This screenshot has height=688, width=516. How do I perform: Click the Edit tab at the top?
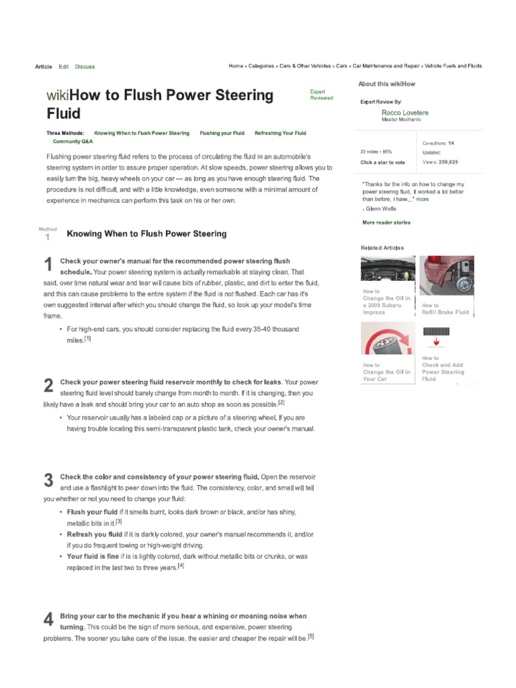[x=64, y=67]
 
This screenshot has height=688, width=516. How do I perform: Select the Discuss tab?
[x=85, y=67]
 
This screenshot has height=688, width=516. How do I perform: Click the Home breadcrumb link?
[x=236, y=66]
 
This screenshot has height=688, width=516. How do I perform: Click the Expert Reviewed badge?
[x=321, y=95]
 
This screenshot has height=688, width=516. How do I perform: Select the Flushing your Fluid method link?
[x=222, y=133]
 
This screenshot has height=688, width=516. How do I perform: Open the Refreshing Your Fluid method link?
[x=280, y=133]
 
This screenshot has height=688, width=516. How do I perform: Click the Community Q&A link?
[x=73, y=142]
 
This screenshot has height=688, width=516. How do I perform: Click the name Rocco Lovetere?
[x=404, y=112]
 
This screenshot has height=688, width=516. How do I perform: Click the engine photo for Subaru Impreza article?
[x=388, y=268]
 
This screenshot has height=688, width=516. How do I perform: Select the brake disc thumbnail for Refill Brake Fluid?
[x=446, y=275]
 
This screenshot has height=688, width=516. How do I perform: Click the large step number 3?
[x=48, y=480]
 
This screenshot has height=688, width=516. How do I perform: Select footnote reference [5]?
[x=310, y=636]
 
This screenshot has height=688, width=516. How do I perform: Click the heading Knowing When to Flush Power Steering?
[x=146, y=234]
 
